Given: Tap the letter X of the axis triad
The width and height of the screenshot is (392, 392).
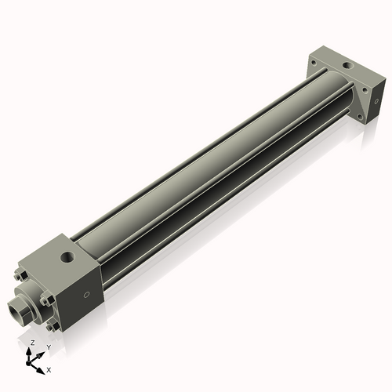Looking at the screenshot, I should pos(49,368).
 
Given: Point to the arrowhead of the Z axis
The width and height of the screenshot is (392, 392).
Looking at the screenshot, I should pos(29,351).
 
